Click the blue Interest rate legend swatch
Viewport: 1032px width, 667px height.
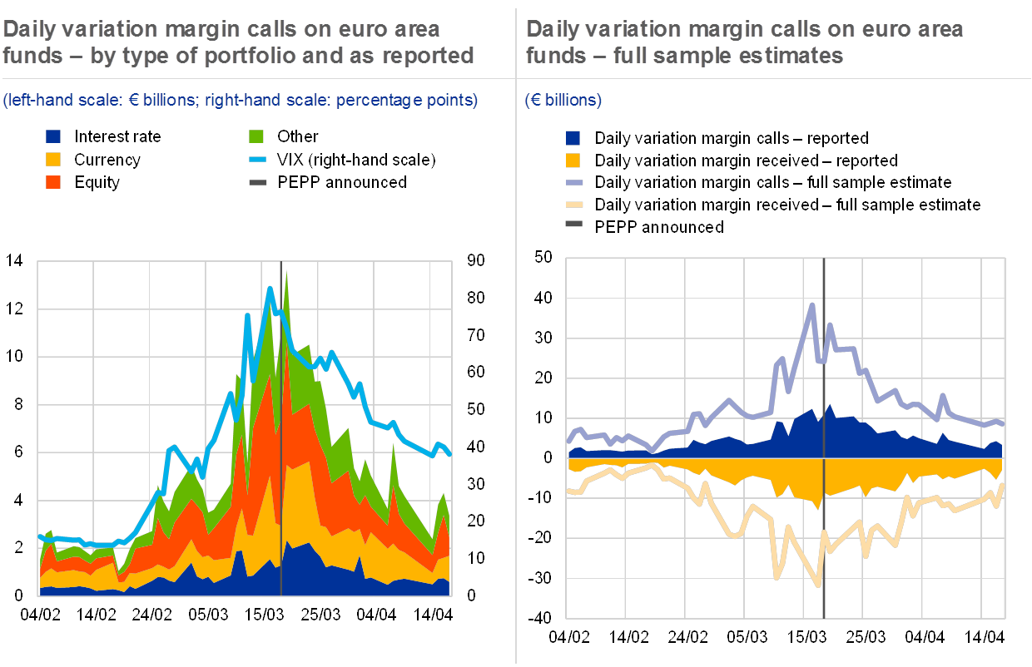pyautogui.click(x=53, y=136)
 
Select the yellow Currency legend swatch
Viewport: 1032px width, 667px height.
pyautogui.click(x=53, y=159)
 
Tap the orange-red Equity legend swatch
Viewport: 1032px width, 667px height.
pyautogui.click(x=53, y=182)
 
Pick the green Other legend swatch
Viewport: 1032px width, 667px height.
pyautogui.click(x=256, y=136)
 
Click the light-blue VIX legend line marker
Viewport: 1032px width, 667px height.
pyautogui.click(x=256, y=159)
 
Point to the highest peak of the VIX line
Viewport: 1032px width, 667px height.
pyautogui.click(x=270, y=288)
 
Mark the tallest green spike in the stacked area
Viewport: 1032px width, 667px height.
pyautogui.click(x=286, y=273)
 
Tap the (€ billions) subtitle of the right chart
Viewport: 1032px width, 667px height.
pyautogui.click(x=563, y=101)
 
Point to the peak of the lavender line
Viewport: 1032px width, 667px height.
pyautogui.click(x=812, y=304)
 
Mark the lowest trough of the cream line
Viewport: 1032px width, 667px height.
pyautogui.click(x=819, y=585)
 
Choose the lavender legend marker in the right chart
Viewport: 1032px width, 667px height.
pyautogui.click(x=573, y=182)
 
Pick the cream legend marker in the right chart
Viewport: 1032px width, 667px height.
pyautogui.click(x=573, y=205)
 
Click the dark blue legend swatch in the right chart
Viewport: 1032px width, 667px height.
pyautogui.click(x=573, y=137)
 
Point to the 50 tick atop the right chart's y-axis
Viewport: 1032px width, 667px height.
pyautogui.click(x=543, y=258)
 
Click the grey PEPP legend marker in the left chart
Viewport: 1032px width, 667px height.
pyautogui.click(x=256, y=182)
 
